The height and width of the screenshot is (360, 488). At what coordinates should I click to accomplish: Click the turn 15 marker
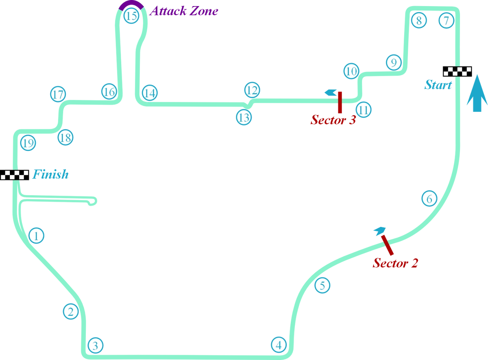(x=131, y=17)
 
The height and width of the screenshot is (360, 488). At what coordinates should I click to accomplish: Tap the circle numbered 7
(x=446, y=20)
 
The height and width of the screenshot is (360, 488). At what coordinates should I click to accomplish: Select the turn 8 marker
(x=418, y=20)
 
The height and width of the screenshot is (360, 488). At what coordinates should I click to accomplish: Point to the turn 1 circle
(x=36, y=236)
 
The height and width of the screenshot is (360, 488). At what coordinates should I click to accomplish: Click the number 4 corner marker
(x=278, y=345)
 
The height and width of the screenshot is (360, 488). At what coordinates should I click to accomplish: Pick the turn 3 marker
(x=95, y=346)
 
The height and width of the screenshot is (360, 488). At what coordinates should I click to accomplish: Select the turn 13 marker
(x=244, y=118)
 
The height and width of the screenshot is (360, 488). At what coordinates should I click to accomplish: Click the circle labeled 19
(x=28, y=144)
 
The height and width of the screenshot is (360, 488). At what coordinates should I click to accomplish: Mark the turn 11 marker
(x=363, y=110)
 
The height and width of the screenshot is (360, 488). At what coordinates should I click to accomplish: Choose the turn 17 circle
(x=58, y=95)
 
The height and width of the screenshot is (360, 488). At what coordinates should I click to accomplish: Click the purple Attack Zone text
(x=184, y=11)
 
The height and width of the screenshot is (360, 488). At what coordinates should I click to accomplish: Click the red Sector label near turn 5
(x=395, y=263)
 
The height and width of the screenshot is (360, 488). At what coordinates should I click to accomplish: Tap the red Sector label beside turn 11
(x=332, y=120)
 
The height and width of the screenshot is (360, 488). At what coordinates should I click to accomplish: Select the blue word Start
(x=437, y=85)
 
